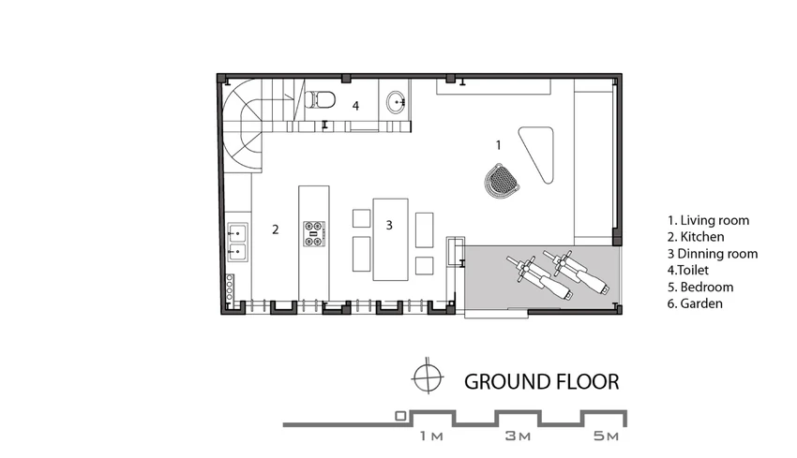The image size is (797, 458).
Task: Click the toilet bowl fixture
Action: pyautogui.click(x=321, y=99)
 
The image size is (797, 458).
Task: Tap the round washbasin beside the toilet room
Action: pyautogui.click(x=396, y=103)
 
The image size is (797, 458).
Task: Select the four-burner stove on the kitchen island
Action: pyautogui.click(x=314, y=233)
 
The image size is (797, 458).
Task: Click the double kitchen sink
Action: pyautogui.click(x=237, y=242)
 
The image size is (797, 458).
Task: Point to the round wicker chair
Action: pyautogui.click(x=502, y=180)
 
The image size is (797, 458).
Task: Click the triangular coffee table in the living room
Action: pyautogui.click(x=539, y=153)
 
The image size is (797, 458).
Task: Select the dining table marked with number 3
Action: pyautogui.click(x=390, y=239)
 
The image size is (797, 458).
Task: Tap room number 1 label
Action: pyautogui.click(x=499, y=145)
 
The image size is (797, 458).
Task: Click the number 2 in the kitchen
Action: pyautogui.click(x=276, y=229)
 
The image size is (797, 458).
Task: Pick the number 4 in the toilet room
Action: pyautogui.click(x=355, y=106)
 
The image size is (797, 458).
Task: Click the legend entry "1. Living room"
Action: pyautogui.click(x=708, y=220)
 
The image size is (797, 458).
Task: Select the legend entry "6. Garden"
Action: pyautogui.click(x=695, y=303)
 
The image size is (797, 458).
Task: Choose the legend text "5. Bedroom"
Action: pyautogui.click(x=700, y=287)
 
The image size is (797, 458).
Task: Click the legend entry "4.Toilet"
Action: pyautogui.click(x=687, y=270)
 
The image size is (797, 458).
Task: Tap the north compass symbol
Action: pyautogui.click(x=428, y=377)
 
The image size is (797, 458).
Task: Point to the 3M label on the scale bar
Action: pyautogui.click(x=518, y=436)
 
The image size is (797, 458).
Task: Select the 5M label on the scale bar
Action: pyautogui.click(x=606, y=436)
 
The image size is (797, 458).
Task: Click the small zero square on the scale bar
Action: pyautogui.click(x=400, y=417)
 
